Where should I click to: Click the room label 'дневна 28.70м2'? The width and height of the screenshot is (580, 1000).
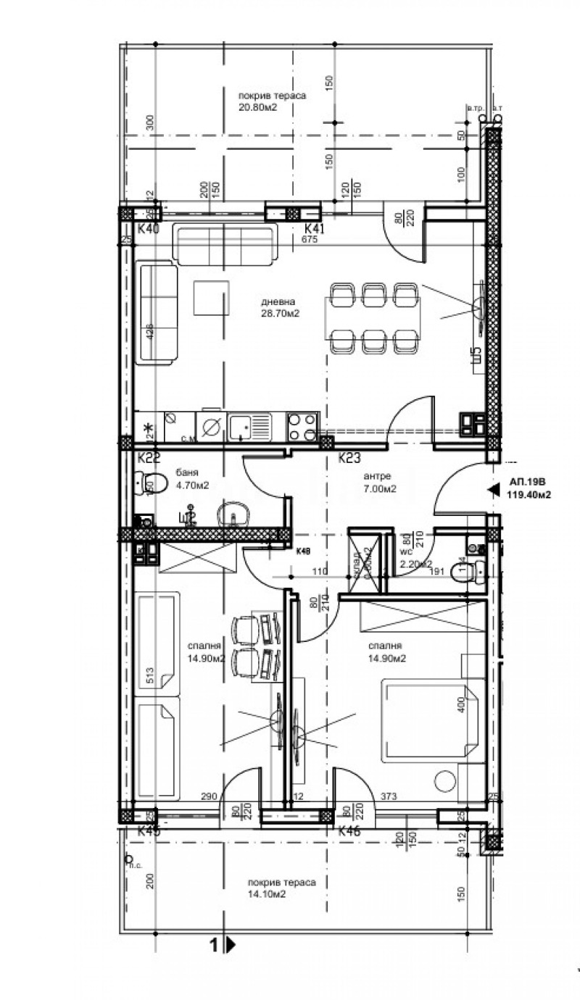click(x=280, y=308)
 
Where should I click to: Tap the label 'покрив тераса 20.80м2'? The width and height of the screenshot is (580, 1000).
click(x=272, y=101)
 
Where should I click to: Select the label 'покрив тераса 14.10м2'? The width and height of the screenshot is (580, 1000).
click(x=281, y=888)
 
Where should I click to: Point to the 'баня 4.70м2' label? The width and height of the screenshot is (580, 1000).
click(x=187, y=479)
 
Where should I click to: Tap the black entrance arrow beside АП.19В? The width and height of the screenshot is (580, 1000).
click(x=494, y=491)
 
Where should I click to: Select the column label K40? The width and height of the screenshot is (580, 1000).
click(x=148, y=229)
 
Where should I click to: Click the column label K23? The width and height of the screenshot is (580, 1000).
click(x=350, y=457)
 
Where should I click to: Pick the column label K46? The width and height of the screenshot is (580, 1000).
click(x=349, y=832)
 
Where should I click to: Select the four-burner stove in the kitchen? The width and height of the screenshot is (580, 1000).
click(x=303, y=427)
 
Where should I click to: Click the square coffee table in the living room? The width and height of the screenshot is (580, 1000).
click(x=212, y=297)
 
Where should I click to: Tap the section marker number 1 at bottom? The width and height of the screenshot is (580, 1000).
click(x=214, y=944)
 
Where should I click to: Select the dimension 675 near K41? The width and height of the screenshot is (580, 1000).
click(x=310, y=240)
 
